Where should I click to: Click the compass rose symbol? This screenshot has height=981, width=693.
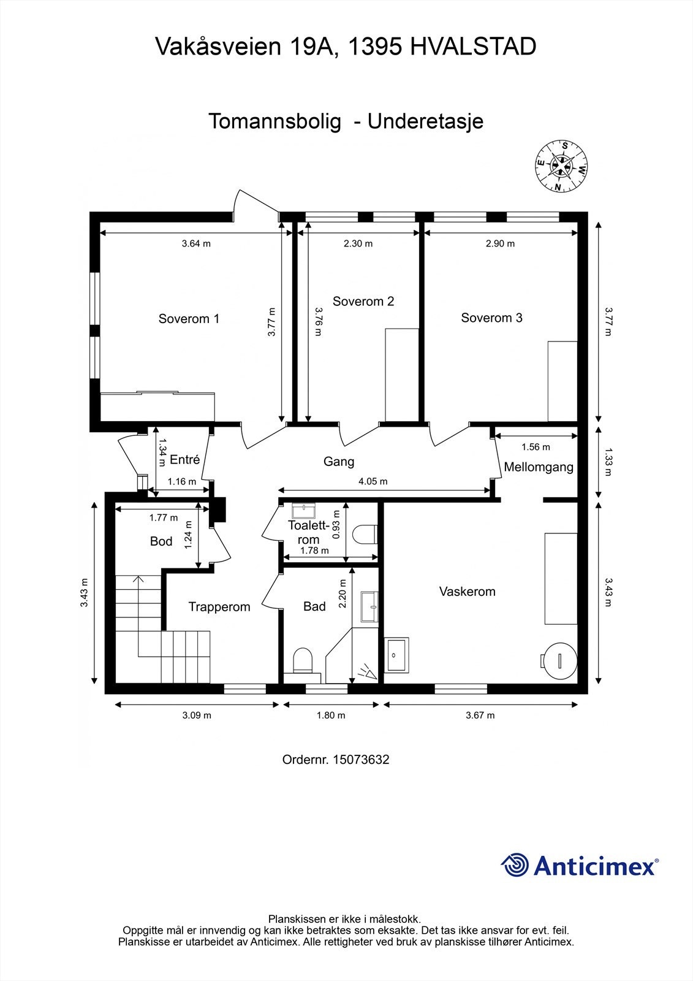click(x=561, y=166)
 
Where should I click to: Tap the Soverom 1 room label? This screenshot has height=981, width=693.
click(x=189, y=318)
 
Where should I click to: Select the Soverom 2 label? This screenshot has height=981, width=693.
click(x=363, y=301)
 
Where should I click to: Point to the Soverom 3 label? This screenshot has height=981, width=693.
click(x=491, y=318)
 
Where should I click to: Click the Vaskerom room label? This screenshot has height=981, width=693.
click(x=467, y=591)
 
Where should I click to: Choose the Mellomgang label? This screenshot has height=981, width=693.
click(x=539, y=467)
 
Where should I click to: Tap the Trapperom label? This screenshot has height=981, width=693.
click(x=219, y=607)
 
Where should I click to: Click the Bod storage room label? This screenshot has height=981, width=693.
click(x=161, y=541)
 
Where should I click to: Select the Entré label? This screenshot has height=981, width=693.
click(x=185, y=459)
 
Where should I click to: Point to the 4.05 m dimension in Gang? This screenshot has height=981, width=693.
click(x=373, y=481)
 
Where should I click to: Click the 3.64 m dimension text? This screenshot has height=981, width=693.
click(x=196, y=243)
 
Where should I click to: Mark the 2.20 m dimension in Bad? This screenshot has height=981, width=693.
click(x=343, y=594)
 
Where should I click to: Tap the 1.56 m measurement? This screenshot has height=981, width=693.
click(x=536, y=447)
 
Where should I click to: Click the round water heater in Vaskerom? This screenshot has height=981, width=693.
click(x=559, y=660)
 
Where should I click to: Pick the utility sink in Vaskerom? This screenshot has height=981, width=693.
click(x=396, y=655)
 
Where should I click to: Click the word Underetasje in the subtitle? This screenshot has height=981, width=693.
click(x=425, y=121)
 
